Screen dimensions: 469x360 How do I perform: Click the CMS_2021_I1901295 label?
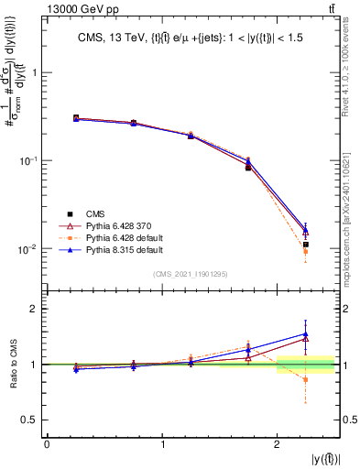[x=191, y=274]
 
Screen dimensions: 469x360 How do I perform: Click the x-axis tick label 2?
[x=278, y=443]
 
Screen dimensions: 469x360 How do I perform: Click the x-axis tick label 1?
[x=162, y=443]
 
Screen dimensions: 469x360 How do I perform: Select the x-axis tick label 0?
[x=47, y=443]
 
